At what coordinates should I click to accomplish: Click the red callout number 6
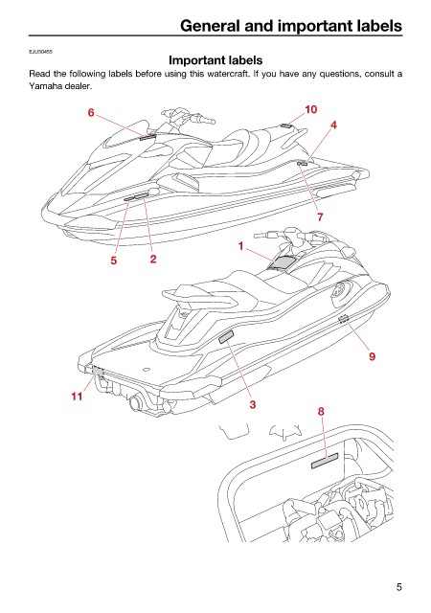[91, 113]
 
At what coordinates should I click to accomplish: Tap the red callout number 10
[310, 110]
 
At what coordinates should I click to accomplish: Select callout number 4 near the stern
[333, 125]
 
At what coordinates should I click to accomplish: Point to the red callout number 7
[320, 217]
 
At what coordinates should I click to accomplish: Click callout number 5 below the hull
[113, 261]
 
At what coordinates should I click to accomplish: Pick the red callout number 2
[153, 259]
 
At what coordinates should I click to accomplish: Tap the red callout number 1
[241, 246]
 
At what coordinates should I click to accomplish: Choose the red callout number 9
[372, 356]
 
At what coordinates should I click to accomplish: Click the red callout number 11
[77, 397]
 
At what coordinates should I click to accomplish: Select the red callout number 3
[253, 404]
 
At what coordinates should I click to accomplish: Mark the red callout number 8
[321, 411]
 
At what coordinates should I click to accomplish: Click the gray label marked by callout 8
[325, 461]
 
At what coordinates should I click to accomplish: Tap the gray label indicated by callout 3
[226, 336]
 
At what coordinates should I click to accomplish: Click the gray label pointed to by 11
[98, 372]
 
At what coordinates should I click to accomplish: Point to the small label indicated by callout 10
[285, 125]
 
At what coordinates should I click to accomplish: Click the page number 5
[399, 587]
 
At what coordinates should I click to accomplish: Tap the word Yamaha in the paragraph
[45, 86]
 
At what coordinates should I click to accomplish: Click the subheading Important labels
[215, 60]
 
